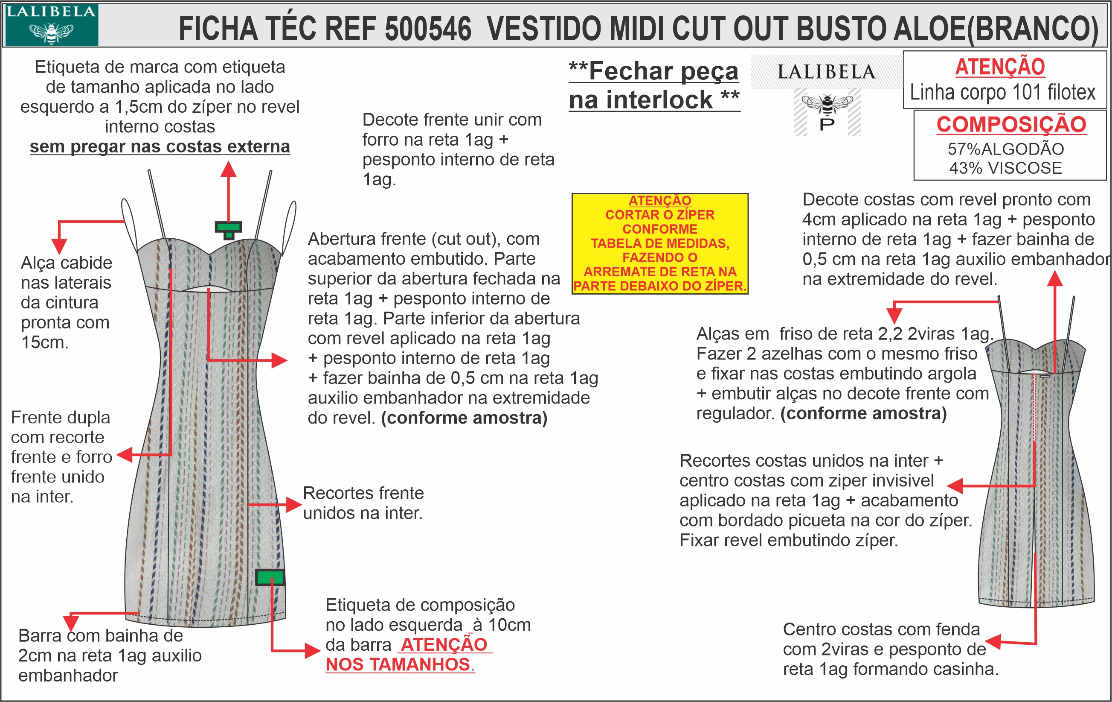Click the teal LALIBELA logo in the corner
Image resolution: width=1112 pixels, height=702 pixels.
(x=51, y=24)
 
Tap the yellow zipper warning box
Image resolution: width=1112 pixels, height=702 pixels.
(x=659, y=243)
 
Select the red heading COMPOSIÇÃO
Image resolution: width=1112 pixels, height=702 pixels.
(x=1011, y=124)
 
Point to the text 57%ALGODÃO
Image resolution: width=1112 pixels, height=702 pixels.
(x=1005, y=149)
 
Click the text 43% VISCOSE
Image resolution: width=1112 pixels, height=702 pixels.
(x=1005, y=168)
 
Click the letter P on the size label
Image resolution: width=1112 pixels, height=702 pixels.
(x=827, y=124)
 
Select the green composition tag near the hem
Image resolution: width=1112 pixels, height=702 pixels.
(x=270, y=577)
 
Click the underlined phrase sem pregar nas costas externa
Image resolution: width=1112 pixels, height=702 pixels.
(x=160, y=146)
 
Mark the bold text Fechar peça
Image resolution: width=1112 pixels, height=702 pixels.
(x=663, y=71)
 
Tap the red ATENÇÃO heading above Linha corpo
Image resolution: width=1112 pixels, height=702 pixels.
(x=1000, y=67)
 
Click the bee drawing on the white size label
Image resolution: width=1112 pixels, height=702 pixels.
(x=827, y=103)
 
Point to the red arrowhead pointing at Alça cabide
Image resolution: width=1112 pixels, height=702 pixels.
(x=59, y=246)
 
